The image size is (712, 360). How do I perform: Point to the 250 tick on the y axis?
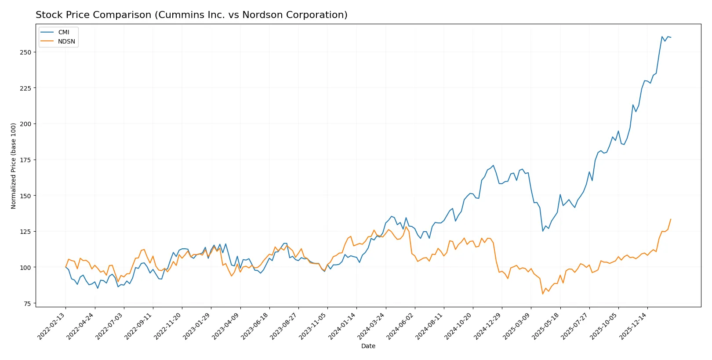[x=25, y=52]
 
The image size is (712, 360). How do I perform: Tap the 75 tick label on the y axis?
[x=27, y=304]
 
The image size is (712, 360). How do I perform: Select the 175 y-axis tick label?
[x=25, y=160]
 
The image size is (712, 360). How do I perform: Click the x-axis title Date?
[x=368, y=346]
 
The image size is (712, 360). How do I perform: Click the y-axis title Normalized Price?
[x=14, y=166]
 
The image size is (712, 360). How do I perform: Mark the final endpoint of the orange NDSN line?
[x=671, y=219]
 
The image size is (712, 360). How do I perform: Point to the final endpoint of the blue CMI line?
[x=671, y=37]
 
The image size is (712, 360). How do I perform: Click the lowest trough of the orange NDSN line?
[x=543, y=294]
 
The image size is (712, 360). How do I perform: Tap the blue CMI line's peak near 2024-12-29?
[x=493, y=165]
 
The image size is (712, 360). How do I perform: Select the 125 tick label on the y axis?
[x=25, y=232]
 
